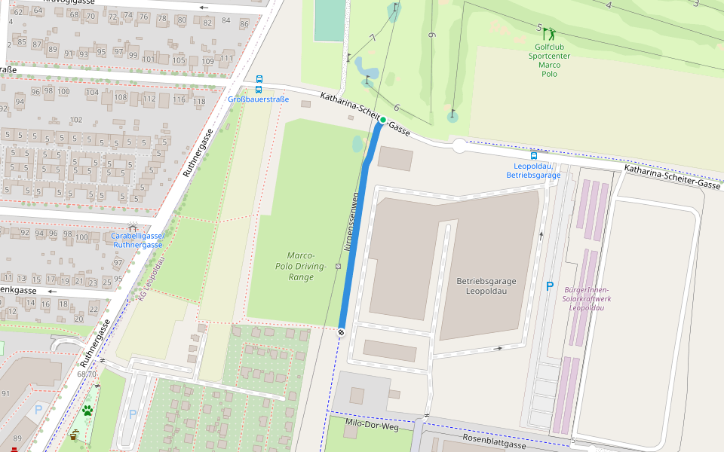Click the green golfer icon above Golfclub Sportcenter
550,33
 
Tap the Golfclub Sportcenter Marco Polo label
549,60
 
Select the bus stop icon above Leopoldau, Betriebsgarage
534,155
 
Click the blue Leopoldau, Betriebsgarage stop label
533,170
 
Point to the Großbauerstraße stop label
259,99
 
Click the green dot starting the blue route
383,120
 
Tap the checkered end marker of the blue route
342,331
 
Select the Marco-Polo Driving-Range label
301,266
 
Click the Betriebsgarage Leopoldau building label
485,286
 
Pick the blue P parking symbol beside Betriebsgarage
549,286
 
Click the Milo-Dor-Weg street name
371,426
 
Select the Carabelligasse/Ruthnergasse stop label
137,240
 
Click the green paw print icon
88,411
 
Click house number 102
75,120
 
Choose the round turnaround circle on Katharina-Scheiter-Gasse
459,145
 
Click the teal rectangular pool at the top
328,20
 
